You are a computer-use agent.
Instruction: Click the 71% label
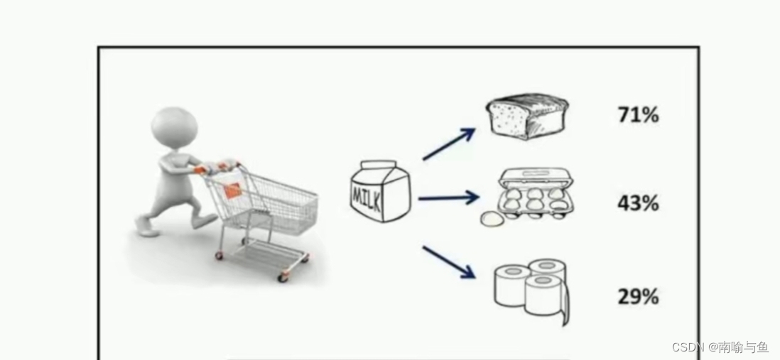pyautogui.click(x=638, y=114)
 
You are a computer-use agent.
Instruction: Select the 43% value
pyautogui.click(x=638, y=204)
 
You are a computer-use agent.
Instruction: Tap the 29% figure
pyautogui.click(x=638, y=296)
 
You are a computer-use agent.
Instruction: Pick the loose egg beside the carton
pyautogui.click(x=490, y=219)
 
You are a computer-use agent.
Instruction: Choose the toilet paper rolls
pyautogui.click(x=531, y=289)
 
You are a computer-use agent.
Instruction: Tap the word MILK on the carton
pyautogui.click(x=368, y=195)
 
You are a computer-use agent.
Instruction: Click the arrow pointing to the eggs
pyautogui.click(x=448, y=198)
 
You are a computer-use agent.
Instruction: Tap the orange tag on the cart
pyautogui.click(x=232, y=190)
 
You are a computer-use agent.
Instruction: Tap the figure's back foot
pyautogui.click(x=145, y=226)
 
